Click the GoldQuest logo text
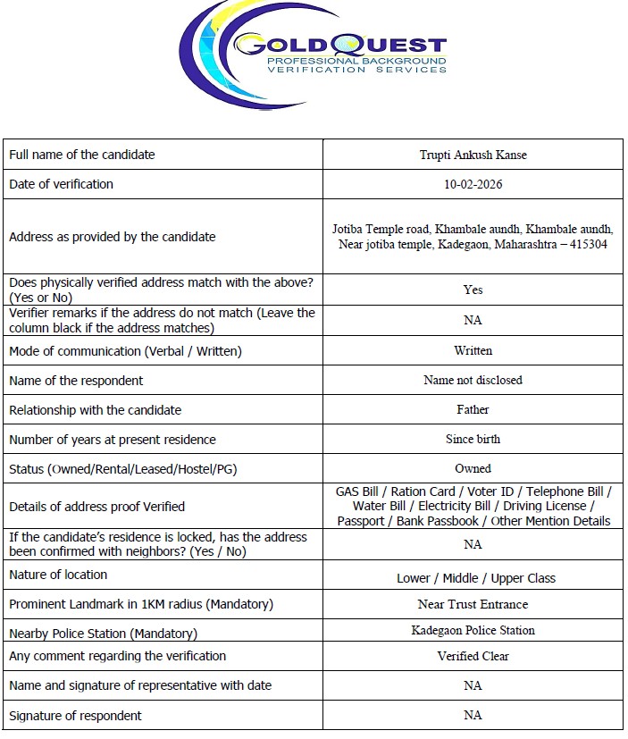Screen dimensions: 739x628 339,44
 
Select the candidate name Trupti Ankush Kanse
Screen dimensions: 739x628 473,155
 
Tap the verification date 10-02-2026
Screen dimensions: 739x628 473,184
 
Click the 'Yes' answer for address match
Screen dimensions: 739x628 473,290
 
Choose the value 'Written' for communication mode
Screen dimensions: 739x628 473,350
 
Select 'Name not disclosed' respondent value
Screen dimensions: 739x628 473,380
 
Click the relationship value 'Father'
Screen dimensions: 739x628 473,409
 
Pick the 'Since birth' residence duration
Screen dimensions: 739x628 473,439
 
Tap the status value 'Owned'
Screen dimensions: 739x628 473,468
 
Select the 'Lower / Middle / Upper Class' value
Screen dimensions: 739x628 475,578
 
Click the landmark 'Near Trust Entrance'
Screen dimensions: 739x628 473,604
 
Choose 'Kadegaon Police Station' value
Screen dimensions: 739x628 473,630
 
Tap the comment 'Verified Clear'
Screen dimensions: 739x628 473,656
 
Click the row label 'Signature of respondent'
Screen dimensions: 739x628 75,715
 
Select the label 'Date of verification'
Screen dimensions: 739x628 61,184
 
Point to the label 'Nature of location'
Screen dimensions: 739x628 58,575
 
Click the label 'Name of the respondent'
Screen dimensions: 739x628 76,380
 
